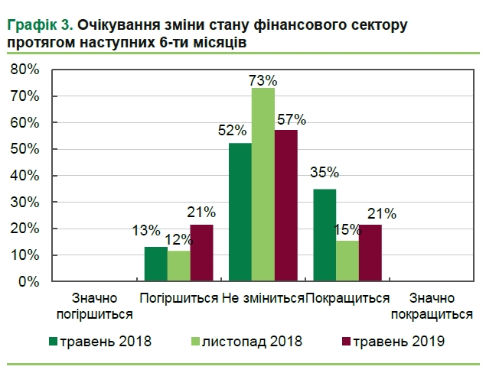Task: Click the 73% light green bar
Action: pos(263,185)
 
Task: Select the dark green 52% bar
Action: pos(240,212)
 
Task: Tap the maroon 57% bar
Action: pos(285,206)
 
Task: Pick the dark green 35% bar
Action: pos(325,235)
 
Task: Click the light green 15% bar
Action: pos(347,261)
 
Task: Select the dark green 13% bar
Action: pos(156,264)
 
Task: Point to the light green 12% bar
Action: pos(178,266)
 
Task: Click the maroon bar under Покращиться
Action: pos(370,254)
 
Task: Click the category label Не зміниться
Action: pos(263,298)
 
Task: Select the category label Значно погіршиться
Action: pos(94,305)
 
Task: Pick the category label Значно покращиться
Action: pos(431,305)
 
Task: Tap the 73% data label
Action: pos(263,79)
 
